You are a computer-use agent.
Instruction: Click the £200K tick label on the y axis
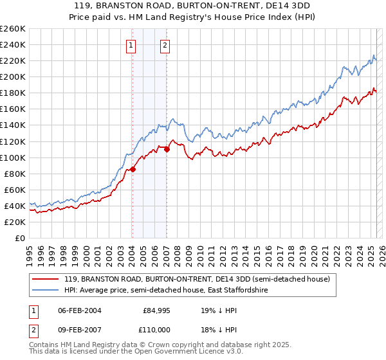[12, 76]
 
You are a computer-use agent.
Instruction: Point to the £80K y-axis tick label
[14, 174]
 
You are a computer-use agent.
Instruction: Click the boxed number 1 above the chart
[131, 45]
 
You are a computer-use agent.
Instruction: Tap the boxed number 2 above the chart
[165, 45]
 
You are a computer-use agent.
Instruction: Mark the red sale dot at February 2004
[133, 170]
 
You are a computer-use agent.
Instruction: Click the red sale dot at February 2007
[167, 149]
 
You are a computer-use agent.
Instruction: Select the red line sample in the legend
[46, 279]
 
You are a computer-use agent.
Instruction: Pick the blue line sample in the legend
[46, 291]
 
